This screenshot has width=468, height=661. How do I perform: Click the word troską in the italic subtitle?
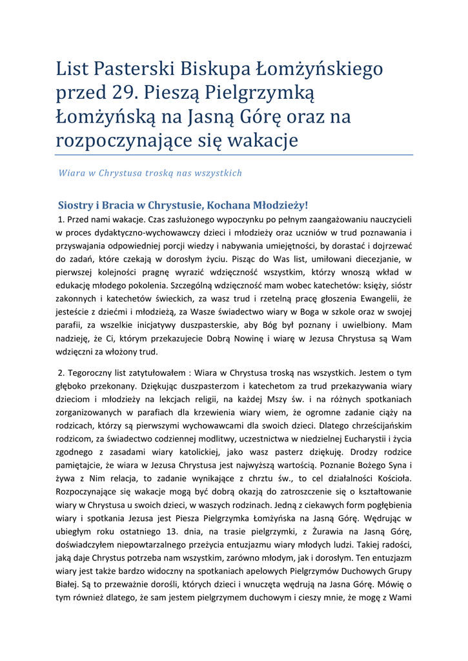point(163,173)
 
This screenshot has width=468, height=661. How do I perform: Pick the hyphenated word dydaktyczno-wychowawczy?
point(132,232)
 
